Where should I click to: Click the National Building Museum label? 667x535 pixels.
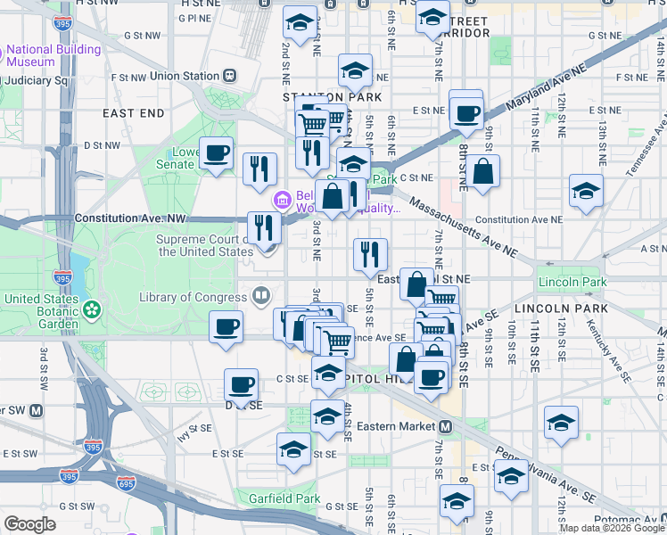[x=54, y=55]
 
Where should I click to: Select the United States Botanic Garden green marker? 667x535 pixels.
[x=91, y=309]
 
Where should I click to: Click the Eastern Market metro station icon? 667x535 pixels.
[x=444, y=426]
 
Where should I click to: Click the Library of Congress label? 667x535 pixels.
[x=191, y=297]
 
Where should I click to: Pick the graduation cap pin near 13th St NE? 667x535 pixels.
[x=586, y=192]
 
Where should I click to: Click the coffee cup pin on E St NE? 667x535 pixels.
[x=465, y=113]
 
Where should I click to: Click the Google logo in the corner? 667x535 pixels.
[x=29, y=524]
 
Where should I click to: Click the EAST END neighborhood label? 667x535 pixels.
[x=134, y=113]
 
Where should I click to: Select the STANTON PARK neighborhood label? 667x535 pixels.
[x=332, y=96]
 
